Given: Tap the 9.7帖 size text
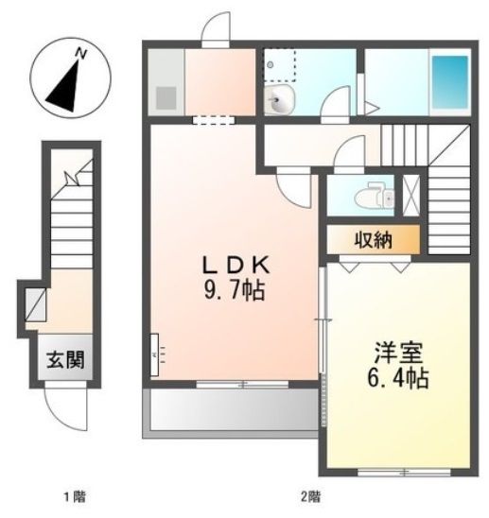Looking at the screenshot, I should click(x=230, y=291).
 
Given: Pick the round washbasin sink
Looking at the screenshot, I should click(x=281, y=103).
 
